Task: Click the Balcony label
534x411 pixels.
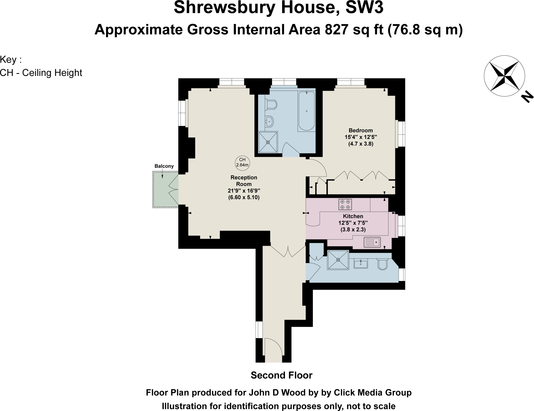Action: click(x=164, y=166)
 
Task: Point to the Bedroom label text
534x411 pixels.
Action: click(x=361, y=130)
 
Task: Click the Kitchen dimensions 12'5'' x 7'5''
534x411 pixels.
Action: click(x=353, y=223)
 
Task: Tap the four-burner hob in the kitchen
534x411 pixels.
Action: click(x=345, y=204)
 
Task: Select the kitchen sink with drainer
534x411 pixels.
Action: click(x=372, y=242)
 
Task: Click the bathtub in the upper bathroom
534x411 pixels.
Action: click(x=306, y=111)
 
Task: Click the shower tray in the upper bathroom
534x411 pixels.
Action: click(x=268, y=142)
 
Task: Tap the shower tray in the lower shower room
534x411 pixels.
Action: click(x=338, y=260)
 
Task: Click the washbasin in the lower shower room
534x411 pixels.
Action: click(x=361, y=263)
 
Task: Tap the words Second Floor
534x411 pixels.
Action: click(x=281, y=375)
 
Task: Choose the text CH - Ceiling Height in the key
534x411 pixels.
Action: click(x=41, y=73)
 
